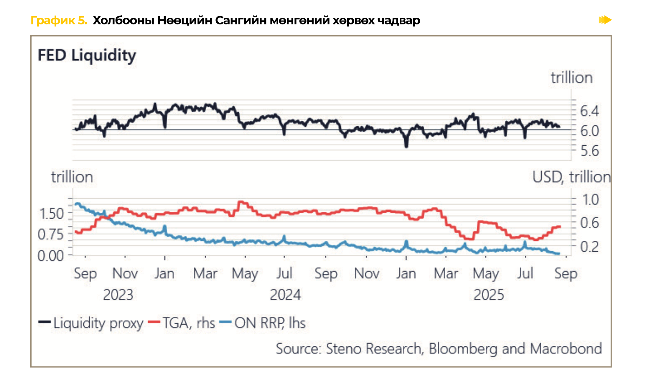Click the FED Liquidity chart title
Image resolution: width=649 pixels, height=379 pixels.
(87, 56)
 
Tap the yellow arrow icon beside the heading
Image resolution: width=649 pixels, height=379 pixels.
(605, 20)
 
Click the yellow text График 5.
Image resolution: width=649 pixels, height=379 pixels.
(59, 20)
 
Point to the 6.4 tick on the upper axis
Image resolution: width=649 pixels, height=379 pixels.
(589, 111)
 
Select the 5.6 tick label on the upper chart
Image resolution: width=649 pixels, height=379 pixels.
(589, 151)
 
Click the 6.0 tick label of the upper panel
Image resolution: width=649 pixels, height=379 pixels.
(589, 131)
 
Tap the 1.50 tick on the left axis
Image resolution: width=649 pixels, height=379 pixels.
(51, 214)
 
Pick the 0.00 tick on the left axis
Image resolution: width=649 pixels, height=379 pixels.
(51, 256)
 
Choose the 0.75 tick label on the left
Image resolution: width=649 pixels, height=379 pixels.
(51, 235)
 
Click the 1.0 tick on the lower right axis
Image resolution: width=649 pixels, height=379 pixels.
(590, 200)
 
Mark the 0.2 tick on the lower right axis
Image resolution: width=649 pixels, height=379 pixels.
(589, 247)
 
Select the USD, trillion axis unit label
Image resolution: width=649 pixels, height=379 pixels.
(571, 177)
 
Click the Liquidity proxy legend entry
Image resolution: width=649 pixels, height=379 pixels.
(98, 323)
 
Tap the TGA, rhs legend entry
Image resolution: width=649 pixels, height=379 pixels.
(189, 323)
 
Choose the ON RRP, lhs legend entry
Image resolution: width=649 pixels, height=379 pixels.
(269, 323)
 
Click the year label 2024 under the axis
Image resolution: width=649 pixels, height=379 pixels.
(285, 295)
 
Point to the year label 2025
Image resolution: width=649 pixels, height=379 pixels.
(489, 295)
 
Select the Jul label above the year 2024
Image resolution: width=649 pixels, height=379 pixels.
(284, 273)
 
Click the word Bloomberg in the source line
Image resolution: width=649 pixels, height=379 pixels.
(463, 349)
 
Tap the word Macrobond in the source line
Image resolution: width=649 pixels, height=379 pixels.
(566, 349)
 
